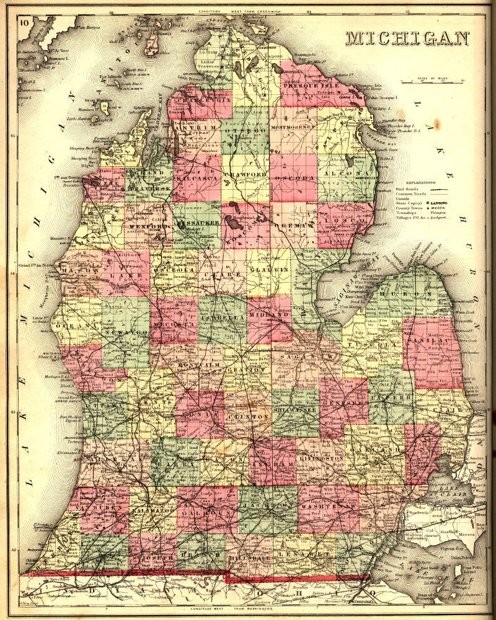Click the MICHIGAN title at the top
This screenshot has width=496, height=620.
407,38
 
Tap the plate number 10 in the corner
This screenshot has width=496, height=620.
24,24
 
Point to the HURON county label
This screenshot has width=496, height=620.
408,294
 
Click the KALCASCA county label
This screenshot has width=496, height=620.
197,179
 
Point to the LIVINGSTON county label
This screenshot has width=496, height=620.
321,458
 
